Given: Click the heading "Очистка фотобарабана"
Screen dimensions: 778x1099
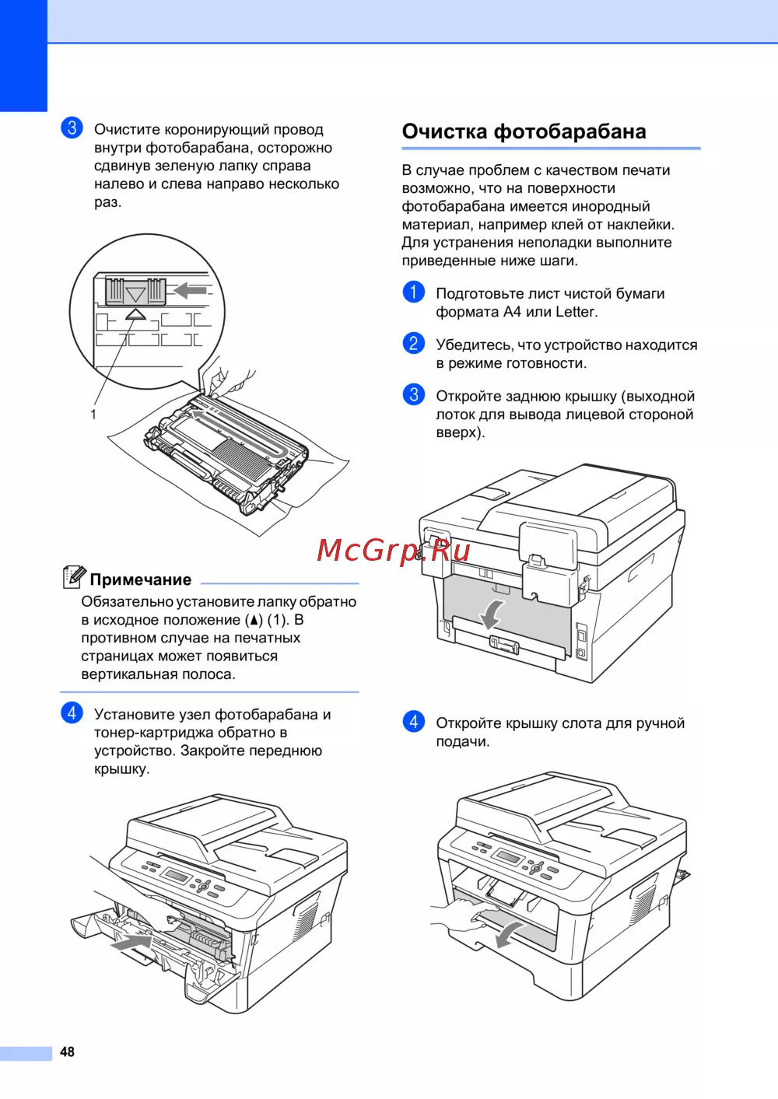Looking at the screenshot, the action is point(524,131).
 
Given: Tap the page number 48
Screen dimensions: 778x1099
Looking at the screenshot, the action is point(67,1052).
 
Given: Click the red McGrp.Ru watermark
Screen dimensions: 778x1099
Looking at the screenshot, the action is point(393,551).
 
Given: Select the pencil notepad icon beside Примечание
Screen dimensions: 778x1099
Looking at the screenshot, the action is point(74,576).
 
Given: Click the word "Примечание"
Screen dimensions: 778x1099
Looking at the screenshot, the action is point(140,579).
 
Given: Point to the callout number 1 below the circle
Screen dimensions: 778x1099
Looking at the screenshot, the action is point(93,415).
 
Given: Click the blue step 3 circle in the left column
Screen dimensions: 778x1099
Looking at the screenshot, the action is point(72,128).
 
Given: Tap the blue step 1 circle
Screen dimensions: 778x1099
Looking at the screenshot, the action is point(413,292).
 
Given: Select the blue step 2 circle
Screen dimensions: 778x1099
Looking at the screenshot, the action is point(413,343).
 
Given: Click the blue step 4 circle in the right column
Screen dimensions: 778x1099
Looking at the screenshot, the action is point(413,722).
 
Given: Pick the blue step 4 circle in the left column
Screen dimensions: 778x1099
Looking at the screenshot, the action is point(72,713).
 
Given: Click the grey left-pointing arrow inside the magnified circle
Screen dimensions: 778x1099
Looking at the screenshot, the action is point(191,290).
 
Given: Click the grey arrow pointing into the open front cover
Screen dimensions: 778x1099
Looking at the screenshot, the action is point(131,943).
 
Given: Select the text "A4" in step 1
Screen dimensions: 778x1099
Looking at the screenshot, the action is point(513,312).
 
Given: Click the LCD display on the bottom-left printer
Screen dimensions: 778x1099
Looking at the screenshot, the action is point(178,873).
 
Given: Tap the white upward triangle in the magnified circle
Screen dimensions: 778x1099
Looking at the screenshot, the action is point(135,314).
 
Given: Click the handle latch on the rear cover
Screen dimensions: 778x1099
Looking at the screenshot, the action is point(504,644).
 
